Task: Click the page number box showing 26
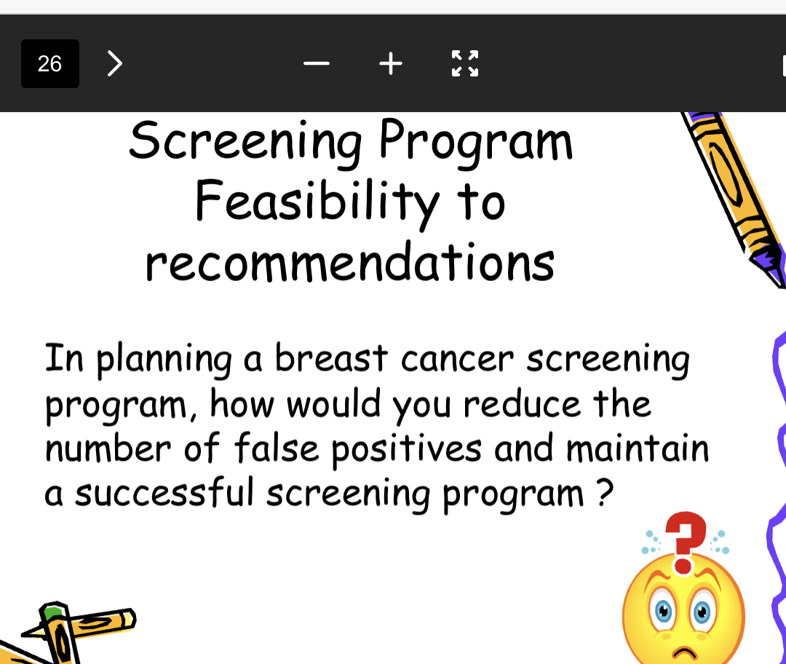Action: [x=49, y=64]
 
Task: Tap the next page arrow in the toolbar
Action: [x=114, y=64]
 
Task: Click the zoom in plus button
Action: [x=391, y=64]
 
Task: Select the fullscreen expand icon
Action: [x=465, y=64]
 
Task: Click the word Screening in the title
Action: [x=245, y=143]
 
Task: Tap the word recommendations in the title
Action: [x=350, y=264]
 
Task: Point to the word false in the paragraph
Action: [x=276, y=448]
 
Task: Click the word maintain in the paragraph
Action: [x=637, y=448]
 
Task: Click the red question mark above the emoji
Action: [x=686, y=540]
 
